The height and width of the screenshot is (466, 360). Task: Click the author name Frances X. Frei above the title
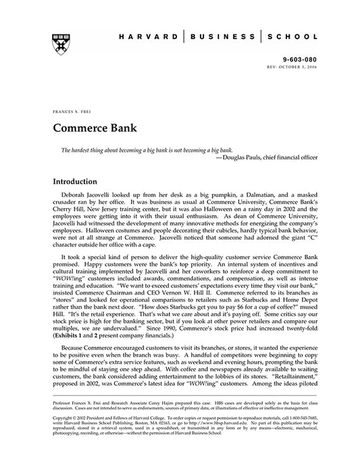68,110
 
